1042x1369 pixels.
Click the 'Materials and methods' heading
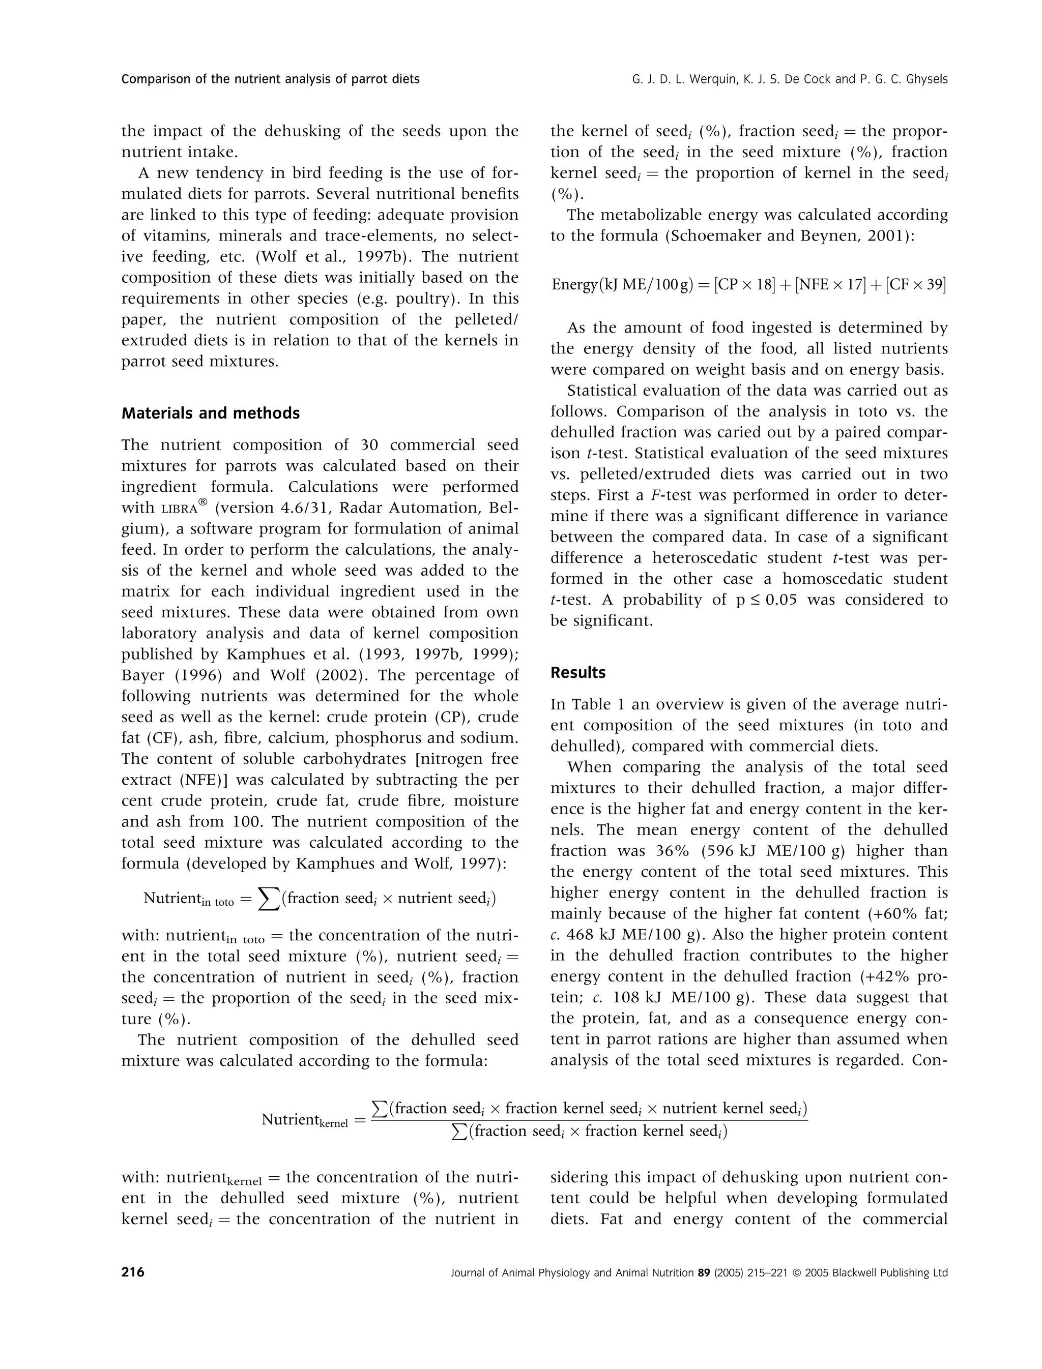point(210,413)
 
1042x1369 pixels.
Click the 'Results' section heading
point(578,673)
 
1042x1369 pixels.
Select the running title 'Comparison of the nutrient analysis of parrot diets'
point(271,79)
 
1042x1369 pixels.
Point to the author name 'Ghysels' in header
point(926,79)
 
